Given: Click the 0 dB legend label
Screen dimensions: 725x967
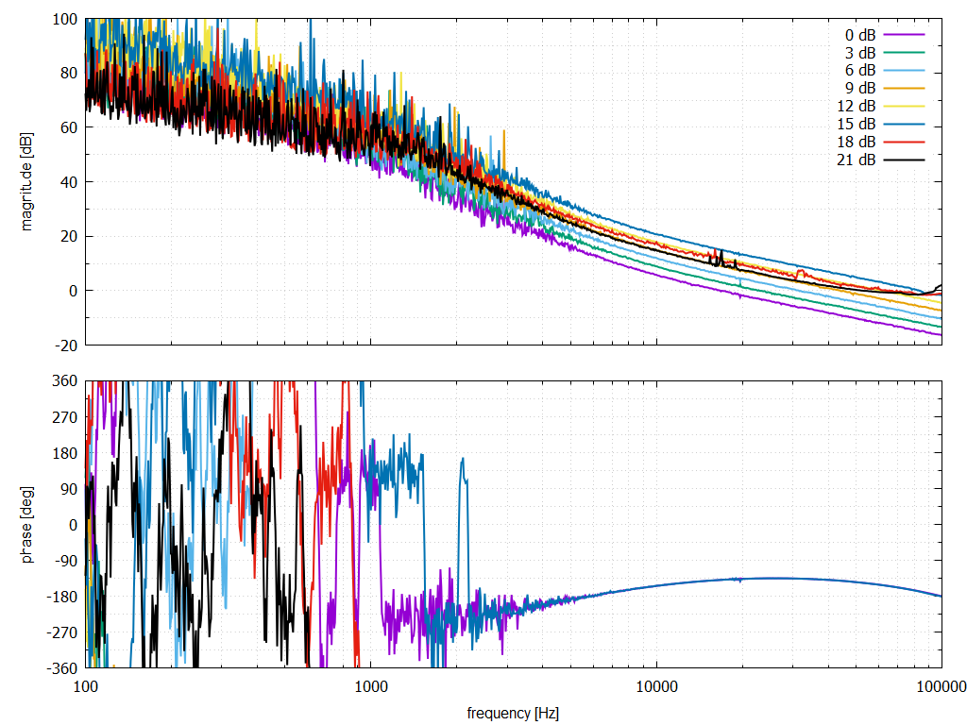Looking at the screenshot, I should [x=859, y=34].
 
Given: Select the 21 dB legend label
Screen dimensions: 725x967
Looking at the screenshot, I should [x=856, y=160].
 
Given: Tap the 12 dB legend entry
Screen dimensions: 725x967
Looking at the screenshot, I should [x=856, y=106].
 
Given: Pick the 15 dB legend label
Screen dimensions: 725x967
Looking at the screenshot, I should [x=856, y=124].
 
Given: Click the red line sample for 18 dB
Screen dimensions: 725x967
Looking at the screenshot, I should [x=904, y=142].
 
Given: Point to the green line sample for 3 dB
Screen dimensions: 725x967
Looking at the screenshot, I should [x=904, y=52].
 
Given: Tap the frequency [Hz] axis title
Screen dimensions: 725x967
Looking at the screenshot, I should [x=513, y=713].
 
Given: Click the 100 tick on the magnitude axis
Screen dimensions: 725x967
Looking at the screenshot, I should [x=65, y=19].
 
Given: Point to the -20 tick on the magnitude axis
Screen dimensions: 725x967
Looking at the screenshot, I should [x=65, y=345].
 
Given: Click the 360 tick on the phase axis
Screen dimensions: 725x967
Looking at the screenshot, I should [x=65, y=380].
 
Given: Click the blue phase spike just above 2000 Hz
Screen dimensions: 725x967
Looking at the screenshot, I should [x=463, y=461].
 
